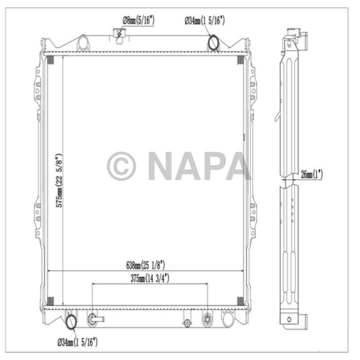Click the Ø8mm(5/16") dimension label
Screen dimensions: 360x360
[138, 21]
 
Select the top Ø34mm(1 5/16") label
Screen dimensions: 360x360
[205, 21]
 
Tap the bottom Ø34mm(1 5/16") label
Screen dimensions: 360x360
[77, 341]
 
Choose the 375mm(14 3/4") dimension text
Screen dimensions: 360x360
[150, 278]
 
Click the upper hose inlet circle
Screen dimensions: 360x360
[213, 42]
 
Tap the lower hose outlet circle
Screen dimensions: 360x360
[71, 322]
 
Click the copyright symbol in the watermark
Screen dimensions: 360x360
[121, 166]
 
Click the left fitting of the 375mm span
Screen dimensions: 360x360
[93, 318]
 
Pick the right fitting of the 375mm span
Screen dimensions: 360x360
[207, 318]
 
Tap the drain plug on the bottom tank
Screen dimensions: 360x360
[188, 323]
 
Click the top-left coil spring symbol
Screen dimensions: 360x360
[50, 60]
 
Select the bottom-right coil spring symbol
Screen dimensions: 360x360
[239, 300]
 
